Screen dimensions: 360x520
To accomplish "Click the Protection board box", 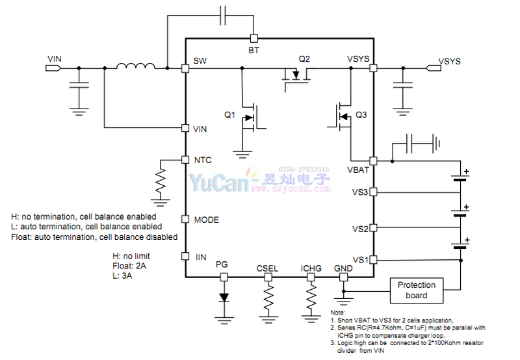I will [417, 290].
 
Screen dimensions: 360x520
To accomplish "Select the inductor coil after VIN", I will [135, 66].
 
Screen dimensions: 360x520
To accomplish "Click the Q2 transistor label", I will [304, 58].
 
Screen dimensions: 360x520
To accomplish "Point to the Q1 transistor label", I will [229, 115].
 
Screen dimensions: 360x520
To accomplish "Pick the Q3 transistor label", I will [361, 115].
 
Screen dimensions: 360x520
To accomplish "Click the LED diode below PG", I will [224, 298].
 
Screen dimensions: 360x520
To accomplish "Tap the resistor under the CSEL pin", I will [268, 298].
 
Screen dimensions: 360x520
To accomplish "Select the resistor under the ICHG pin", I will [311, 298].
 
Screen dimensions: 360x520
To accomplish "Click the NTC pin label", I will [203, 160].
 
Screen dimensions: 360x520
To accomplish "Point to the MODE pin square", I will [185, 220].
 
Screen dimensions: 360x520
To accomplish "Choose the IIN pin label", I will [200, 258].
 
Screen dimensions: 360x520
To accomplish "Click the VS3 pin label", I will [360, 192].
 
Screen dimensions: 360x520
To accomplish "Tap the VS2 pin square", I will [374, 228].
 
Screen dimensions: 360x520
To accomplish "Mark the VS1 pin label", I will [360, 261].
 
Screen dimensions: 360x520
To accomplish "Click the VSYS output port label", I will [449, 62].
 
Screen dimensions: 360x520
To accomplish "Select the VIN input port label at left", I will [55, 59].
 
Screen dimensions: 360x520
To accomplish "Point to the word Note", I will [339, 313].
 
